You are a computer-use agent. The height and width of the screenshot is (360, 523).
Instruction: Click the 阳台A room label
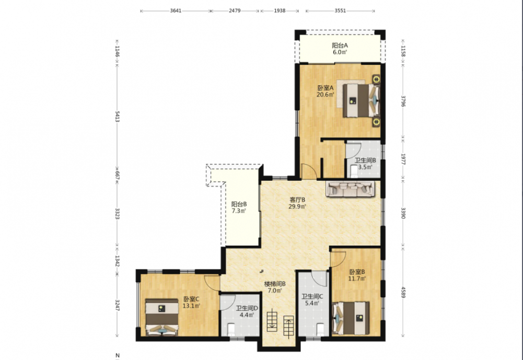(x=340, y=45)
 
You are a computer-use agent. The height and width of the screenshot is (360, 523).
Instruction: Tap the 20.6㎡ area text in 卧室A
(x=325, y=95)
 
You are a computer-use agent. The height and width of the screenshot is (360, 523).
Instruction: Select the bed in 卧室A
(x=362, y=100)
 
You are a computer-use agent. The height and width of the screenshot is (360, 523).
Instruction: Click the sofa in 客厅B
(x=351, y=189)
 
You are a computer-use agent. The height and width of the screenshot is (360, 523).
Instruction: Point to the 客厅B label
(x=297, y=200)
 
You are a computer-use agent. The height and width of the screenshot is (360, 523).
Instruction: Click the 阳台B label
(x=239, y=204)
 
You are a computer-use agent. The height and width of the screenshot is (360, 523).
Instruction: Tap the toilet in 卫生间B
(x=354, y=170)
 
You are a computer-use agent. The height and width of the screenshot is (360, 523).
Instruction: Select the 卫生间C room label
(x=312, y=296)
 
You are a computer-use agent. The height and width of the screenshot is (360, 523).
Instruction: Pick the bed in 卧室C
(x=162, y=317)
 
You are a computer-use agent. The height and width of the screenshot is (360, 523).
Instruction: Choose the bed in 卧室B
(x=351, y=318)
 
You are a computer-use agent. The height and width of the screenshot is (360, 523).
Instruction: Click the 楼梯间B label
(x=275, y=284)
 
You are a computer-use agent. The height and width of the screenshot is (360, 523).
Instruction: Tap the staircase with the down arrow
(x=272, y=320)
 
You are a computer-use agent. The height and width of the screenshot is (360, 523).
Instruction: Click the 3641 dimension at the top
(x=176, y=10)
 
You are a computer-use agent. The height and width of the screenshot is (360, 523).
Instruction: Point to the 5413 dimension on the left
(x=117, y=117)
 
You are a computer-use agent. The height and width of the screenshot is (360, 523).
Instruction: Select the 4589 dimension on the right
(x=403, y=292)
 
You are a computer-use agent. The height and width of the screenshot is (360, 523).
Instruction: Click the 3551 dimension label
(x=340, y=10)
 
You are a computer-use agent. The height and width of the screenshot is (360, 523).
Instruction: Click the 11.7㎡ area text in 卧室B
(x=357, y=278)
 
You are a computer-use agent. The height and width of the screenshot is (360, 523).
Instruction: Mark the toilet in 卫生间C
(x=320, y=330)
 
